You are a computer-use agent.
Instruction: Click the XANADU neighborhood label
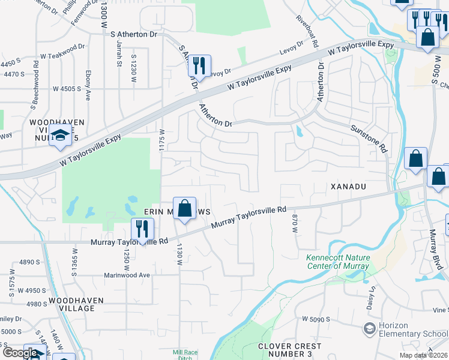point(348,187)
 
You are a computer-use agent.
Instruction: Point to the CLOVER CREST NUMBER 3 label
point(290,350)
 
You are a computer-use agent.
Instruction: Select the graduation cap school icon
point(60,137)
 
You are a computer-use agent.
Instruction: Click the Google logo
point(20,353)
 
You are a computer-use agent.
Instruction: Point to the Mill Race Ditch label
point(185,353)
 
